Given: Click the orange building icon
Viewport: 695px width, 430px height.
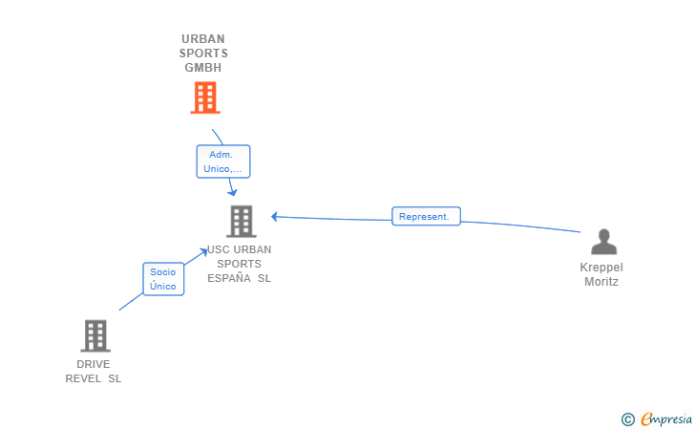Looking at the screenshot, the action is point(205,97).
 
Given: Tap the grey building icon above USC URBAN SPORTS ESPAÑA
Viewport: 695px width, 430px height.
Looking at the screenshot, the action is point(242,221).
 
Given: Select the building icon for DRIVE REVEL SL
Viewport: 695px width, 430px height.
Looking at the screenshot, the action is point(95,336).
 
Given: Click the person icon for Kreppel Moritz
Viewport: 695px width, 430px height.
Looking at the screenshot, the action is point(603,242).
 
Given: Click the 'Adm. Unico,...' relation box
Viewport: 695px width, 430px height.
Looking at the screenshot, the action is point(223,161).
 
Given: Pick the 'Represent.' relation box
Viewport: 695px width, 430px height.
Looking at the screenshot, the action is point(426,216).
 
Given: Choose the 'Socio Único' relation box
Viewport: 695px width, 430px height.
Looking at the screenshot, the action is point(163,279).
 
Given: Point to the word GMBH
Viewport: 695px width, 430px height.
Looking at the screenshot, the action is point(203,68).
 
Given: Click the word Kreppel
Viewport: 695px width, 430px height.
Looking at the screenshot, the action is point(601,268).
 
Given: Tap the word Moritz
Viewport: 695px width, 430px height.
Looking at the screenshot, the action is point(601,282).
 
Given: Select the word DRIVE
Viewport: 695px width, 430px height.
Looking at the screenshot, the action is point(94,364).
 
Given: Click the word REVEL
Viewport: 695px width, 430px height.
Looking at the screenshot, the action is point(83,378).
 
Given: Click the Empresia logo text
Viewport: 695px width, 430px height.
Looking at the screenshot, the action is point(666,419).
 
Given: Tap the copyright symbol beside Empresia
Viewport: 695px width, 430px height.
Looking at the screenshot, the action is point(627,419).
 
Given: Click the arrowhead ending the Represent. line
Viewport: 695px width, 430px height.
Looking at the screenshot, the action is point(274,217).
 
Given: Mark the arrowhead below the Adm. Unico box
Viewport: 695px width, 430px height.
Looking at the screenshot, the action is point(232,192).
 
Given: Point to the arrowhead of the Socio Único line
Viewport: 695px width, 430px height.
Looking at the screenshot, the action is point(204,252).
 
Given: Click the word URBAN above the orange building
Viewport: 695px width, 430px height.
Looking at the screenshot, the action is point(203,39).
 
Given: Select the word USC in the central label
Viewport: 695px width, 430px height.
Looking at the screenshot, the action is point(218,249).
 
